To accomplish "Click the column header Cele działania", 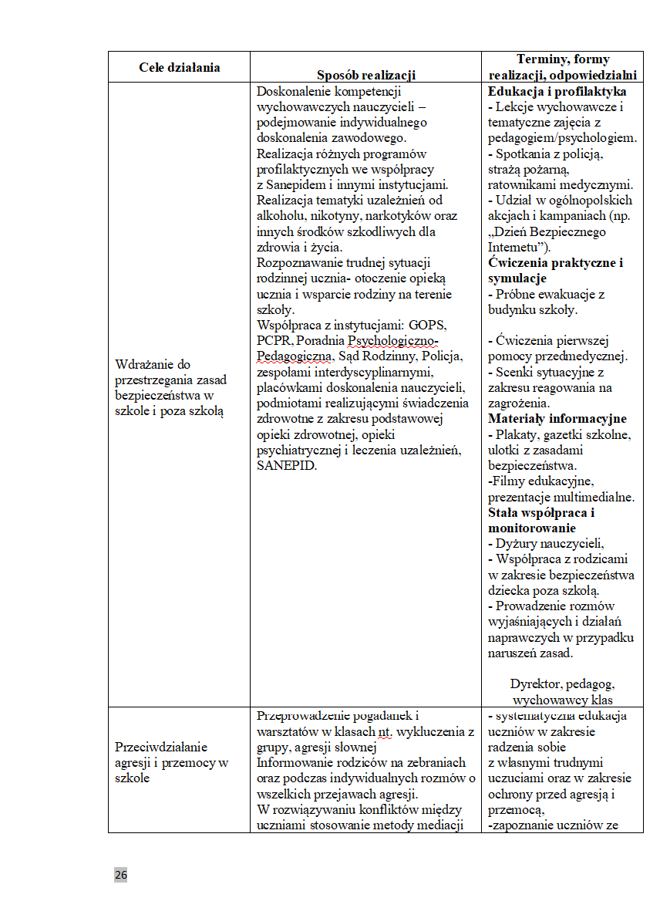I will [179, 67].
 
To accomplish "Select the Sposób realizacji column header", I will [366, 75].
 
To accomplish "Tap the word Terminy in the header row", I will [540, 59].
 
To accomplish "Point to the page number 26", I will [121, 874].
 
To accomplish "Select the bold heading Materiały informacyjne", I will [557, 419].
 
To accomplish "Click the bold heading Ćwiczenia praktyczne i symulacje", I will [555, 270].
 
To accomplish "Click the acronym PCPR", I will [272, 341].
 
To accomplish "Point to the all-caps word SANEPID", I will [287, 466].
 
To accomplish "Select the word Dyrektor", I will [536, 684].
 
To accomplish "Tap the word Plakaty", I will [521, 434].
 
